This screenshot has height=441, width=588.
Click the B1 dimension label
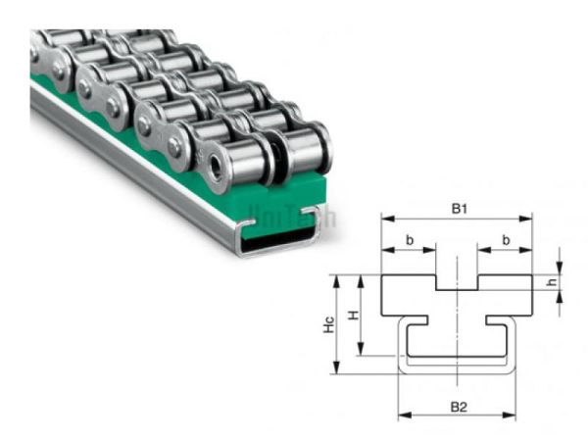coord(457,208)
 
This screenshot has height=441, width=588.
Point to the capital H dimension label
coord(354,315)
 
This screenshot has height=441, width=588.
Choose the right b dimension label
coord(506,239)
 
